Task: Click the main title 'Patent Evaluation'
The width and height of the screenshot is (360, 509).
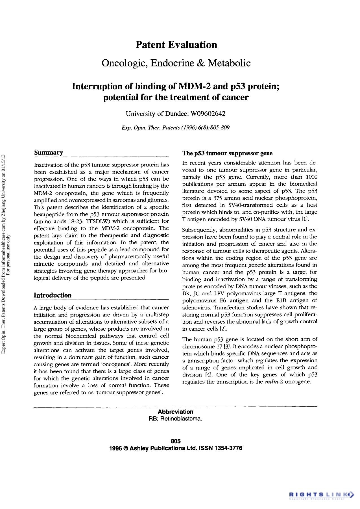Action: (176, 45)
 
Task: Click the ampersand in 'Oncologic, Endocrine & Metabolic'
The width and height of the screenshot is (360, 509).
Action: (200, 63)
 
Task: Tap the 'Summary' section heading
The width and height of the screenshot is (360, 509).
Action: (49, 153)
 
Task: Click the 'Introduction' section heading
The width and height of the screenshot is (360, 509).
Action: (53, 295)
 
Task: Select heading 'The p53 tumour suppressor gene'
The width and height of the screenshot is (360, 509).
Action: (227, 153)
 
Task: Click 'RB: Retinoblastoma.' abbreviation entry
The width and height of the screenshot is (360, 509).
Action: (175, 419)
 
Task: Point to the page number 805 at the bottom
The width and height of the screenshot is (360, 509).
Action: (176, 441)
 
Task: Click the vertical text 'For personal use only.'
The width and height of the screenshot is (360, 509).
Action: (8, 254)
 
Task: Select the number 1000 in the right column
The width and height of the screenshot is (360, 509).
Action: (311, 177)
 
